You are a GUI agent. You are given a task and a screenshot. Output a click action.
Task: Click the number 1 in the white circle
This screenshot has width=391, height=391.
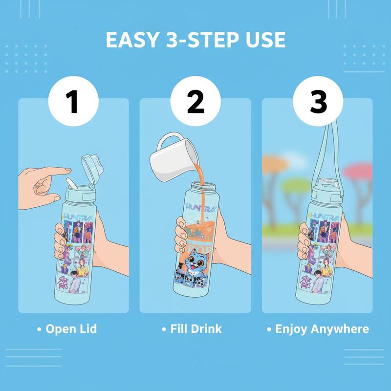73,103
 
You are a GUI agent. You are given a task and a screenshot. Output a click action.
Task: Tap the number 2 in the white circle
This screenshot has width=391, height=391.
195,103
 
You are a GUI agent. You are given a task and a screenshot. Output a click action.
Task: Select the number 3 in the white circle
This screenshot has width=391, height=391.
318,103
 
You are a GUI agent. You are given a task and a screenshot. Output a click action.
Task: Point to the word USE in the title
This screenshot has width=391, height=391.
263,40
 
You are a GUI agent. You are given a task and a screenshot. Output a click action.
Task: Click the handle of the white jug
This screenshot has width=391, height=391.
164,142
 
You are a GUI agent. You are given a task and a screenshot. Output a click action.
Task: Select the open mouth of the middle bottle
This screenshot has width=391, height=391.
202,185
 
